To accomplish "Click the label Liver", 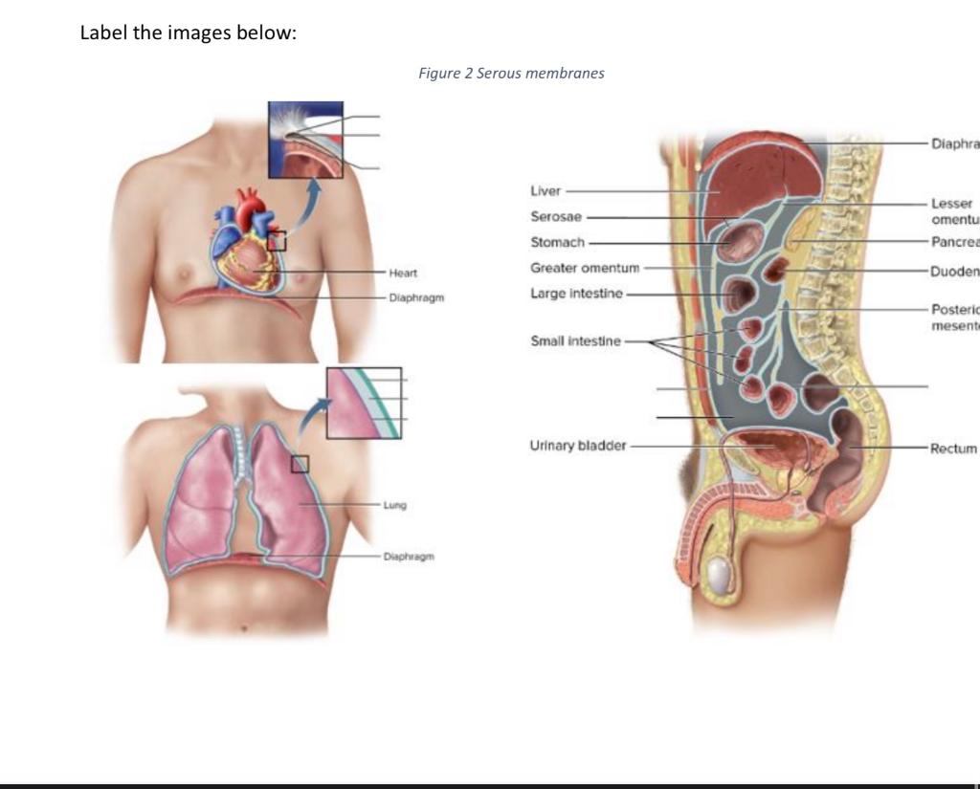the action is (x=546, y=191).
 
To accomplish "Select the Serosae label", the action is (x=556, y=217).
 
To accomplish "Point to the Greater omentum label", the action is (x=585, y=268).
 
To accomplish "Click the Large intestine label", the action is (x=576, y=293).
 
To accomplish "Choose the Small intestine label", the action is (x=575, y=341).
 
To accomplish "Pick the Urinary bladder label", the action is (x=577, y=446).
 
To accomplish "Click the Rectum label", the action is (x=953, y=448).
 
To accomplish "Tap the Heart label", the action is (x=403, y=274).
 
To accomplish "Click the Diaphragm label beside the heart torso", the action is (x=416, y=298).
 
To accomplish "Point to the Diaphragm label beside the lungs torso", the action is (x=409, y=556).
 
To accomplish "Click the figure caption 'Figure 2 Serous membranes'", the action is (x=511, y=73).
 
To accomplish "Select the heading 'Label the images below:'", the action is (x=189, y=33).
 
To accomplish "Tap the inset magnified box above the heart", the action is (x=305, y=140).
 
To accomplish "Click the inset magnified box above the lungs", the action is (x=364, y=403).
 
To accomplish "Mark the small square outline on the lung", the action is (x=300, y=464).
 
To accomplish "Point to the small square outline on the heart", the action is (x=277, y=241).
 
